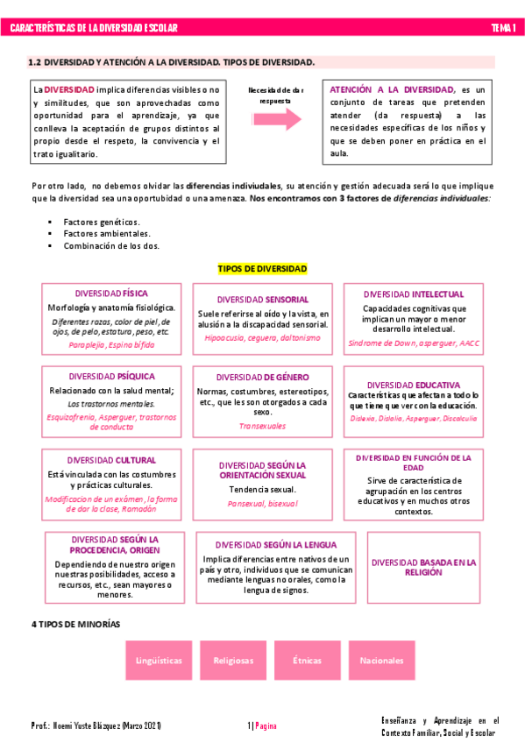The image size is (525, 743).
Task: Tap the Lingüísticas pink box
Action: [x=159, y=660]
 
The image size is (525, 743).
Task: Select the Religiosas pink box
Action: [x=233, y=660]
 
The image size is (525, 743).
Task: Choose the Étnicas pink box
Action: [x=307, y=660]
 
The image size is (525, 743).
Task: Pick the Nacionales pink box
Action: [x=381, y=660]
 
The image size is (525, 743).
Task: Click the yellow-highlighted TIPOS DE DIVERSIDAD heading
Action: [x=262, y=268]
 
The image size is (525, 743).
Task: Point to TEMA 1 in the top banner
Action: [x=502, y=28]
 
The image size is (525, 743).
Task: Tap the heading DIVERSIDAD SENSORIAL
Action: [x=262, y=299]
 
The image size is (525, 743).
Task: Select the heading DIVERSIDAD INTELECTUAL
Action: [x=414, y=294]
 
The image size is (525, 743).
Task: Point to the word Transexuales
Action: [x=262, y=426]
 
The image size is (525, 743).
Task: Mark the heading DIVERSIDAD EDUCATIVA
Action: [x=414, y=385]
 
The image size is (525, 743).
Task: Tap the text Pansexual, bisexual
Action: [x=262, y=504]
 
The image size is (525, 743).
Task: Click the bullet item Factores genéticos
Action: [x=102, y=223]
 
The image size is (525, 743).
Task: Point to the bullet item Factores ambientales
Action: [x=107, y=234]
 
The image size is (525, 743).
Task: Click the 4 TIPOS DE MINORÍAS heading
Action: [x=75, y=624]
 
